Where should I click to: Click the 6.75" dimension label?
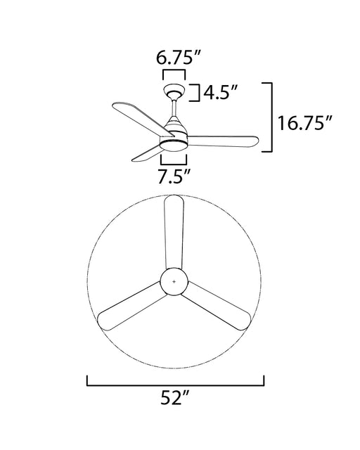pos(178,57)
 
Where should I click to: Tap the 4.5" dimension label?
pos(221,92)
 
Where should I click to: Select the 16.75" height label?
pos(304,123)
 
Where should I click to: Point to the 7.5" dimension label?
pos(174,176)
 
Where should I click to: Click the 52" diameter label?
pos(175,398)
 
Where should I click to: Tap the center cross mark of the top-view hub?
pos(174,281)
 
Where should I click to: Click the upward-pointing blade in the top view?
pos(174,233)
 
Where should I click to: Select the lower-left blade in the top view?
pos(131,307)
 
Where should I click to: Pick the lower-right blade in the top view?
pos(216,307)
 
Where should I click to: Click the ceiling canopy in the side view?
pos(174,91)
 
